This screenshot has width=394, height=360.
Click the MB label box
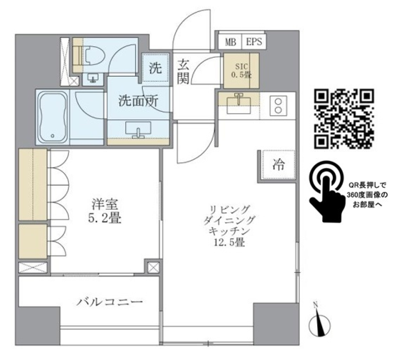(x=230, y=41)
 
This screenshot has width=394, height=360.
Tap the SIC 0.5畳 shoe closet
(x=241, y=70)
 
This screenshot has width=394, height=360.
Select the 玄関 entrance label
(x=183, y=71)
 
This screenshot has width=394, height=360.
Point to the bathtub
(x=52, y=117)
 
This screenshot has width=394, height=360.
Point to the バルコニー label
(x=109, y=303)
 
